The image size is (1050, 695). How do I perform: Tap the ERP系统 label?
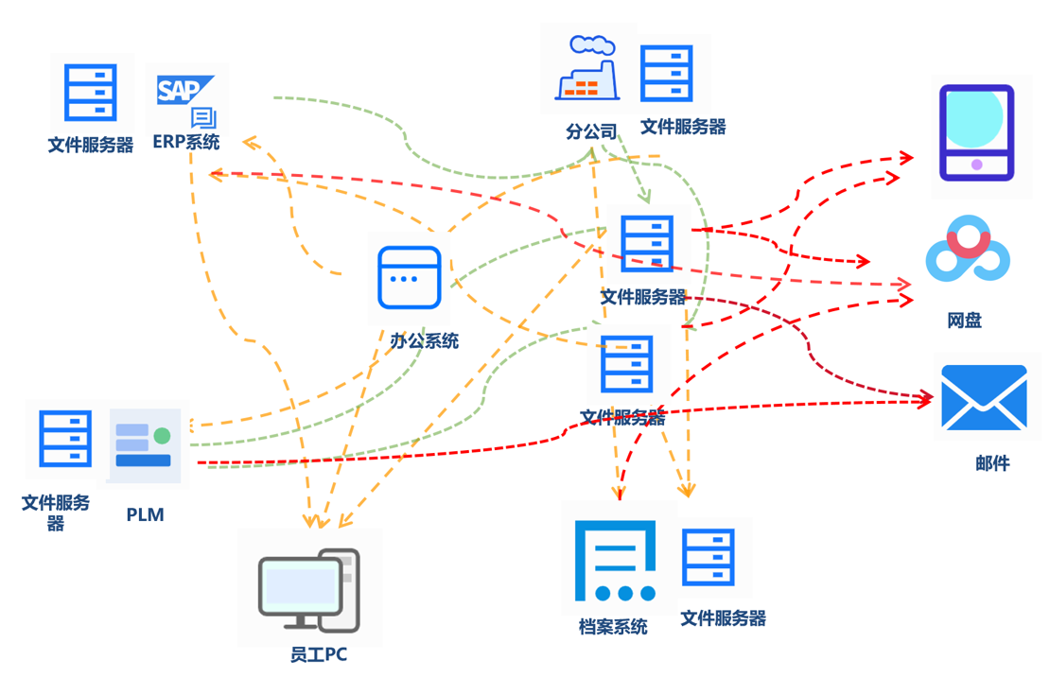point(186,143)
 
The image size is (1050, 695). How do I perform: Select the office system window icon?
point(410,278)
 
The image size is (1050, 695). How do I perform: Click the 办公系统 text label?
point(424,341)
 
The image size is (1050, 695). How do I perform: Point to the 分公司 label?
point(591,131)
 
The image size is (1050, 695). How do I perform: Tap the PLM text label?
point(145,515)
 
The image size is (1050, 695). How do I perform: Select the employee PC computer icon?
point(309,590)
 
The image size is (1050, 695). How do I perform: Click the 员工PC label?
point(319,654)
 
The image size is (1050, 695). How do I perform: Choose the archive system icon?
point(616,560)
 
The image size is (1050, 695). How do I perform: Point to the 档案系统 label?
point(613,627)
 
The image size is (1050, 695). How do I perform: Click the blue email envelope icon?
point(984,398)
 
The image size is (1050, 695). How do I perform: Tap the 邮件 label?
point(992,463)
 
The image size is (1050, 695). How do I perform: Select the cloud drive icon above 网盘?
point(967,250)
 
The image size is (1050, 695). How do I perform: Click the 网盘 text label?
point(965,321)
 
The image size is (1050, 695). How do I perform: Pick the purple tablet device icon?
point(976,133)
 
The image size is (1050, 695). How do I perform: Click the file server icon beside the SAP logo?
point(91,93)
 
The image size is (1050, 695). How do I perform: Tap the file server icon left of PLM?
point(65,440)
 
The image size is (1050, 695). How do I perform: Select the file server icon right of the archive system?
point(709,558)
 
